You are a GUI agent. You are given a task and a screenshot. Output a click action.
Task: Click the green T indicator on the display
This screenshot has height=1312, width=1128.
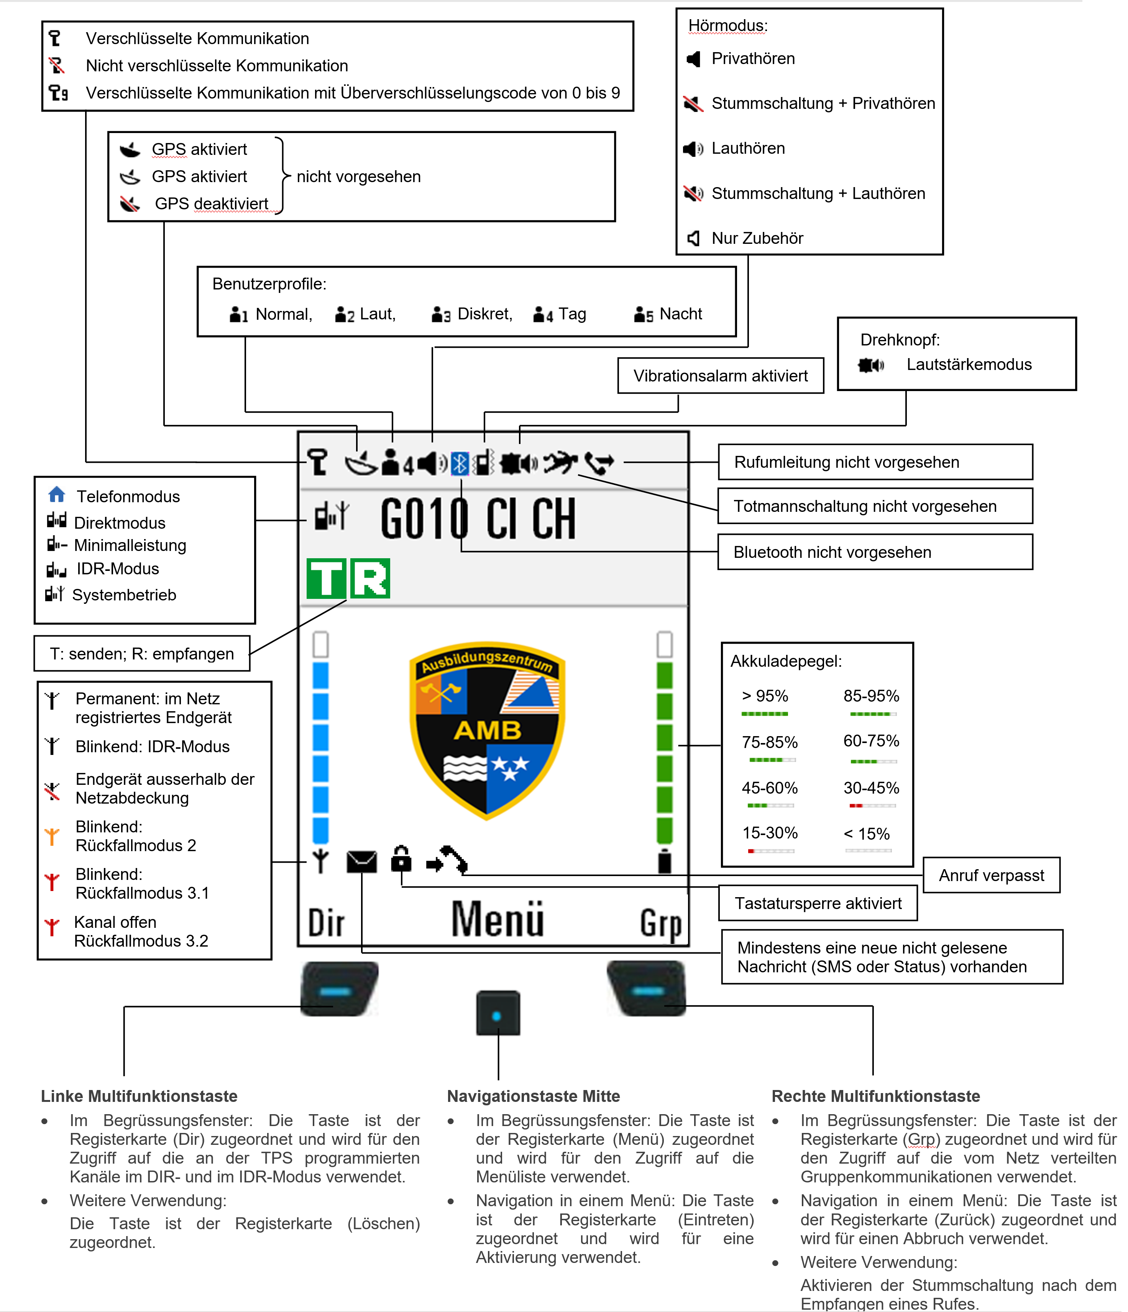(327, 578)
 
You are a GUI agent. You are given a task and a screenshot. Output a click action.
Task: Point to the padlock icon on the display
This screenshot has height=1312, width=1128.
(401, 858)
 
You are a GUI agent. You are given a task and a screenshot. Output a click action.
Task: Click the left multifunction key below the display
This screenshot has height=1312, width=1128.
(339, 989)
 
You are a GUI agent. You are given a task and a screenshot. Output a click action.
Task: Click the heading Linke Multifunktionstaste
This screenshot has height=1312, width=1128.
(139, 1096)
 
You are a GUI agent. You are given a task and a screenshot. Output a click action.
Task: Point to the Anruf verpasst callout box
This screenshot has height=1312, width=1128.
(991, 875)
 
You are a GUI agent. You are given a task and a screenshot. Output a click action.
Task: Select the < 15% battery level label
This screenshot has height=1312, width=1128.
(867, 834)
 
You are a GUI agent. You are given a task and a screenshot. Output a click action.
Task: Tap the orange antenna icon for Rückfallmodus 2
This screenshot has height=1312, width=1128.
(52, 837)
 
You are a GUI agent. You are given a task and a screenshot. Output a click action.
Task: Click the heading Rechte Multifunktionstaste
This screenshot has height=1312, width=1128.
(875, 1096)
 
